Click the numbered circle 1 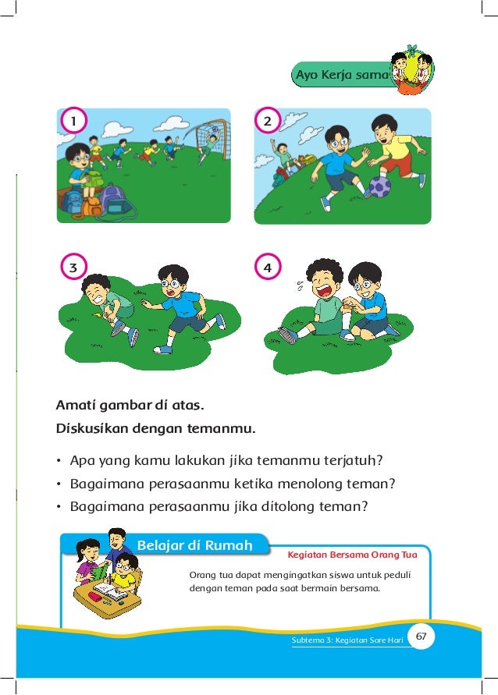pyautogui.click(x=73, y=121)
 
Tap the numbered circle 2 pyautogui.click(x=268, y=121)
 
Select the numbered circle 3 pyautogui.click(x=73, y=267)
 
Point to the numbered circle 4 pyautogui.click(x=268, y=267)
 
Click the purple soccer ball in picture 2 pyautogui.click(x=379, y=186)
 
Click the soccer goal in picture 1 pyautogui.click(x=211, y=137)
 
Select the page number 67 pyautogui.click(x=421, y=636)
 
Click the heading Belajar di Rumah pyautogui.click(x=194, y=545)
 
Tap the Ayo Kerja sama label pyautogui.click(x=343, y=74)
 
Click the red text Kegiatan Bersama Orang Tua pyautogui.click(x=352, y=555)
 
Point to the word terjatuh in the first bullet pyautogui.click(x=353, y=460)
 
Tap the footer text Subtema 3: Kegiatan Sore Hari pyautogui.click(x=347, y=640)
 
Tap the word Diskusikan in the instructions pyautogui.click(x=92, y=428)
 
